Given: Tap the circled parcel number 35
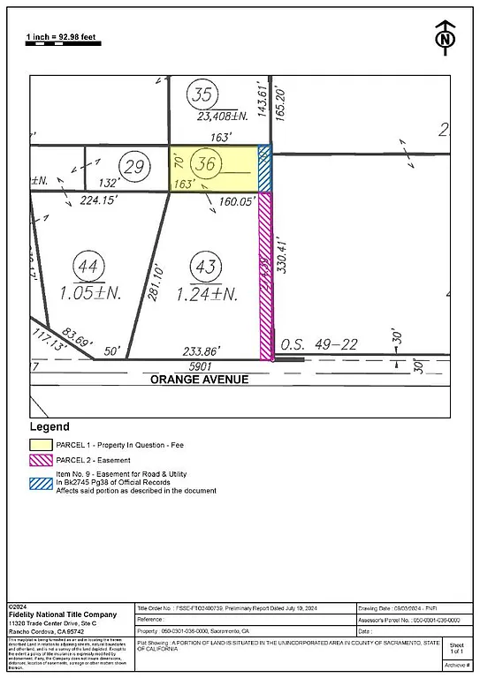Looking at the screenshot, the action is click(203, 95).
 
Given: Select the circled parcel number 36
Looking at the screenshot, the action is click(208, 164).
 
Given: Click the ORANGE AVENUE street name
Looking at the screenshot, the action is click(199, 380).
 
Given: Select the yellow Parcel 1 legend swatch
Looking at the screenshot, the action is click(41, 444).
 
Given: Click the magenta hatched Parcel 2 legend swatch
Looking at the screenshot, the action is click(41, 460).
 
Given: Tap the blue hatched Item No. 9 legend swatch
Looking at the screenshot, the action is click(41, 482).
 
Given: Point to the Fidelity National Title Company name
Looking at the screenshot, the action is click(61, 614).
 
